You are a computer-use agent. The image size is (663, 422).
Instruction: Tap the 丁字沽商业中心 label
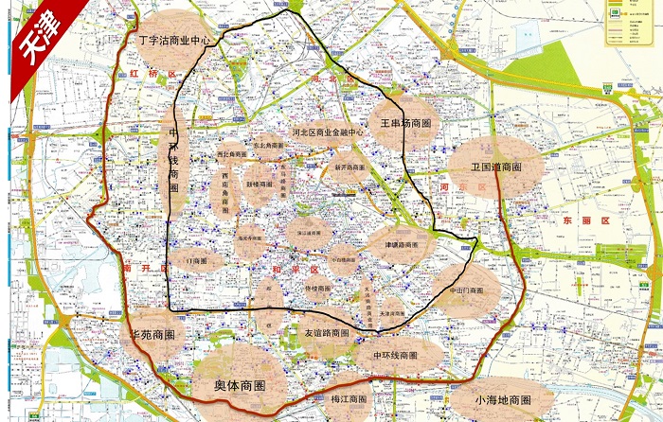coord(175,41)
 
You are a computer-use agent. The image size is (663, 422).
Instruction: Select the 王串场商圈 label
coord(405,123)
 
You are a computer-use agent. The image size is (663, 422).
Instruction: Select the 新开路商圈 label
coord(349,167)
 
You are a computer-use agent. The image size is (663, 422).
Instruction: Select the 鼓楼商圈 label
coord(260,184)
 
